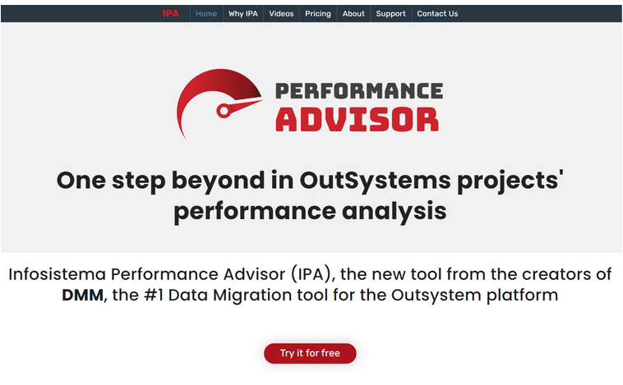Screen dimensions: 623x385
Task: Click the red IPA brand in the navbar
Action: [170, 13]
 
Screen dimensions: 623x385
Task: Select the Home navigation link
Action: [206, 13]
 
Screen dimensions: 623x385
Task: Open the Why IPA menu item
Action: [242, 13]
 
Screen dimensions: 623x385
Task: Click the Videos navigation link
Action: [281, 13]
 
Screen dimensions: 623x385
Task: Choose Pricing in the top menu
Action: [318, 14]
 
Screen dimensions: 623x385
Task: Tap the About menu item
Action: [353, 13]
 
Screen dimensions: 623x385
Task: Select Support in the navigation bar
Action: [391, 14]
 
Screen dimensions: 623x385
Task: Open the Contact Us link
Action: [437, 13]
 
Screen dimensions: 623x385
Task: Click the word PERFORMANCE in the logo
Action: [359, 91]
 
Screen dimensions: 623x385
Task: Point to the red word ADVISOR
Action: [358, 120]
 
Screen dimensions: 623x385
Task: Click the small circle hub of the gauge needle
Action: [224, 111]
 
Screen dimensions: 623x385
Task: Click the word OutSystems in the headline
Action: [375, 181]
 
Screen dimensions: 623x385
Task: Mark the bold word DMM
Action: [83, 296]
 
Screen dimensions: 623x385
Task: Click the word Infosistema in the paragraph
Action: [58, 274]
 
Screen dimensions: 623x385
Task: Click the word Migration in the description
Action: [253, 296]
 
